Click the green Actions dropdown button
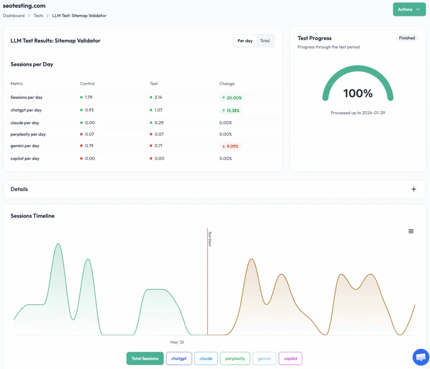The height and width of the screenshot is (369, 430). coord(409,9)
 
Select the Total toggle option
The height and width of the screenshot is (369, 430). coord(265,41)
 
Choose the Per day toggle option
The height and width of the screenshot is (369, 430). coord(245,41)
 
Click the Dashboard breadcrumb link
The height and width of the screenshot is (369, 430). coord(13,16)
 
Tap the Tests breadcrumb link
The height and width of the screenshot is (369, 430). coord(38,16)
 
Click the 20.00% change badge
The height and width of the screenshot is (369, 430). coord(231,98)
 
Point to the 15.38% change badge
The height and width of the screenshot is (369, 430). coord(231,110)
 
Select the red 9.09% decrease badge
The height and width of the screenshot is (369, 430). coord(231,147)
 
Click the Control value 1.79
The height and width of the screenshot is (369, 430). coord(88,97)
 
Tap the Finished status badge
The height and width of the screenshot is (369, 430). coord(407,38)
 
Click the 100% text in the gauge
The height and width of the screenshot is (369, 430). coord(358,93)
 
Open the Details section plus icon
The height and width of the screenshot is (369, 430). coord(414,189)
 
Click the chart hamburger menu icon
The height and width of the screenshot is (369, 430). coord(411,231)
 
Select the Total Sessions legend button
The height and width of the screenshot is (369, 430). coord(145,359)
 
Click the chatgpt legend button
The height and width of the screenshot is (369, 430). coord(179,359)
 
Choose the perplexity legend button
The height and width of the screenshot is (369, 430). coord(235,359)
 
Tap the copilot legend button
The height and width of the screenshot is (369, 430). coord(290,359)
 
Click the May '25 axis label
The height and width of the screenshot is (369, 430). coord(177,342)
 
